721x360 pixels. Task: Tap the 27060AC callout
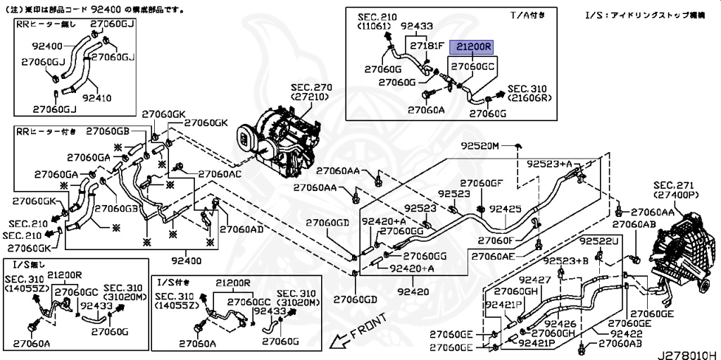pyautogui.click(x=220, y=174)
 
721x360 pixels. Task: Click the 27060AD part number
pyautogui.click(x=242, y=229)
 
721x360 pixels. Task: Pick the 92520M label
pyautogui.click(x=479, y=146)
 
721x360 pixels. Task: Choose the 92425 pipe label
pyautogui.click(x=506, y=209)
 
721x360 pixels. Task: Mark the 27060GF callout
pyautogui.click(x=482, y=183)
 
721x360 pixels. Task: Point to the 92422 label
pyautogui.click(x=606, y=335)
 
